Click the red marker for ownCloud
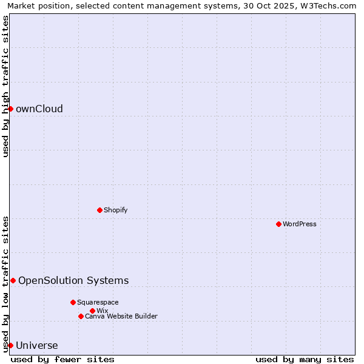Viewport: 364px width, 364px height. coord(10,109)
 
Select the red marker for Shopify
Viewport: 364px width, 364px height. coord(99,210)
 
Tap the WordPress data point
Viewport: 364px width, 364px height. coord(278,224)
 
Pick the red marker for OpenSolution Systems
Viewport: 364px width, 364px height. coord(13,280)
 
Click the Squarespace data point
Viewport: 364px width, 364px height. coord(73,302)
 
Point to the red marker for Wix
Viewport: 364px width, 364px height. coord(92,311)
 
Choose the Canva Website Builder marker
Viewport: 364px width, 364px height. coord(81,316)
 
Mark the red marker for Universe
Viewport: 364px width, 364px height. coord(10,345)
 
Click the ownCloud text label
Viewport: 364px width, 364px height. coord(39,109)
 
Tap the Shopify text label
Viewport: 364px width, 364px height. coord(115,211)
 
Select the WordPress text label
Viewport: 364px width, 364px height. coord(300,224)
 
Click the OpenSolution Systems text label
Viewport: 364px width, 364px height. coord(73,280)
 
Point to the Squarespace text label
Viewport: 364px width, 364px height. coord(98,303)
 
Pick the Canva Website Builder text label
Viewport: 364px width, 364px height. coord(121,317)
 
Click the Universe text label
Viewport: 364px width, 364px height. coord(37,346)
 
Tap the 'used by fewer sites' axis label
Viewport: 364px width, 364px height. coord(62,359)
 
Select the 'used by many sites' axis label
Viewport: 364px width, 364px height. coord(305,359)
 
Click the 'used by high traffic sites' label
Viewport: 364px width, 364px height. coord(6,86)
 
